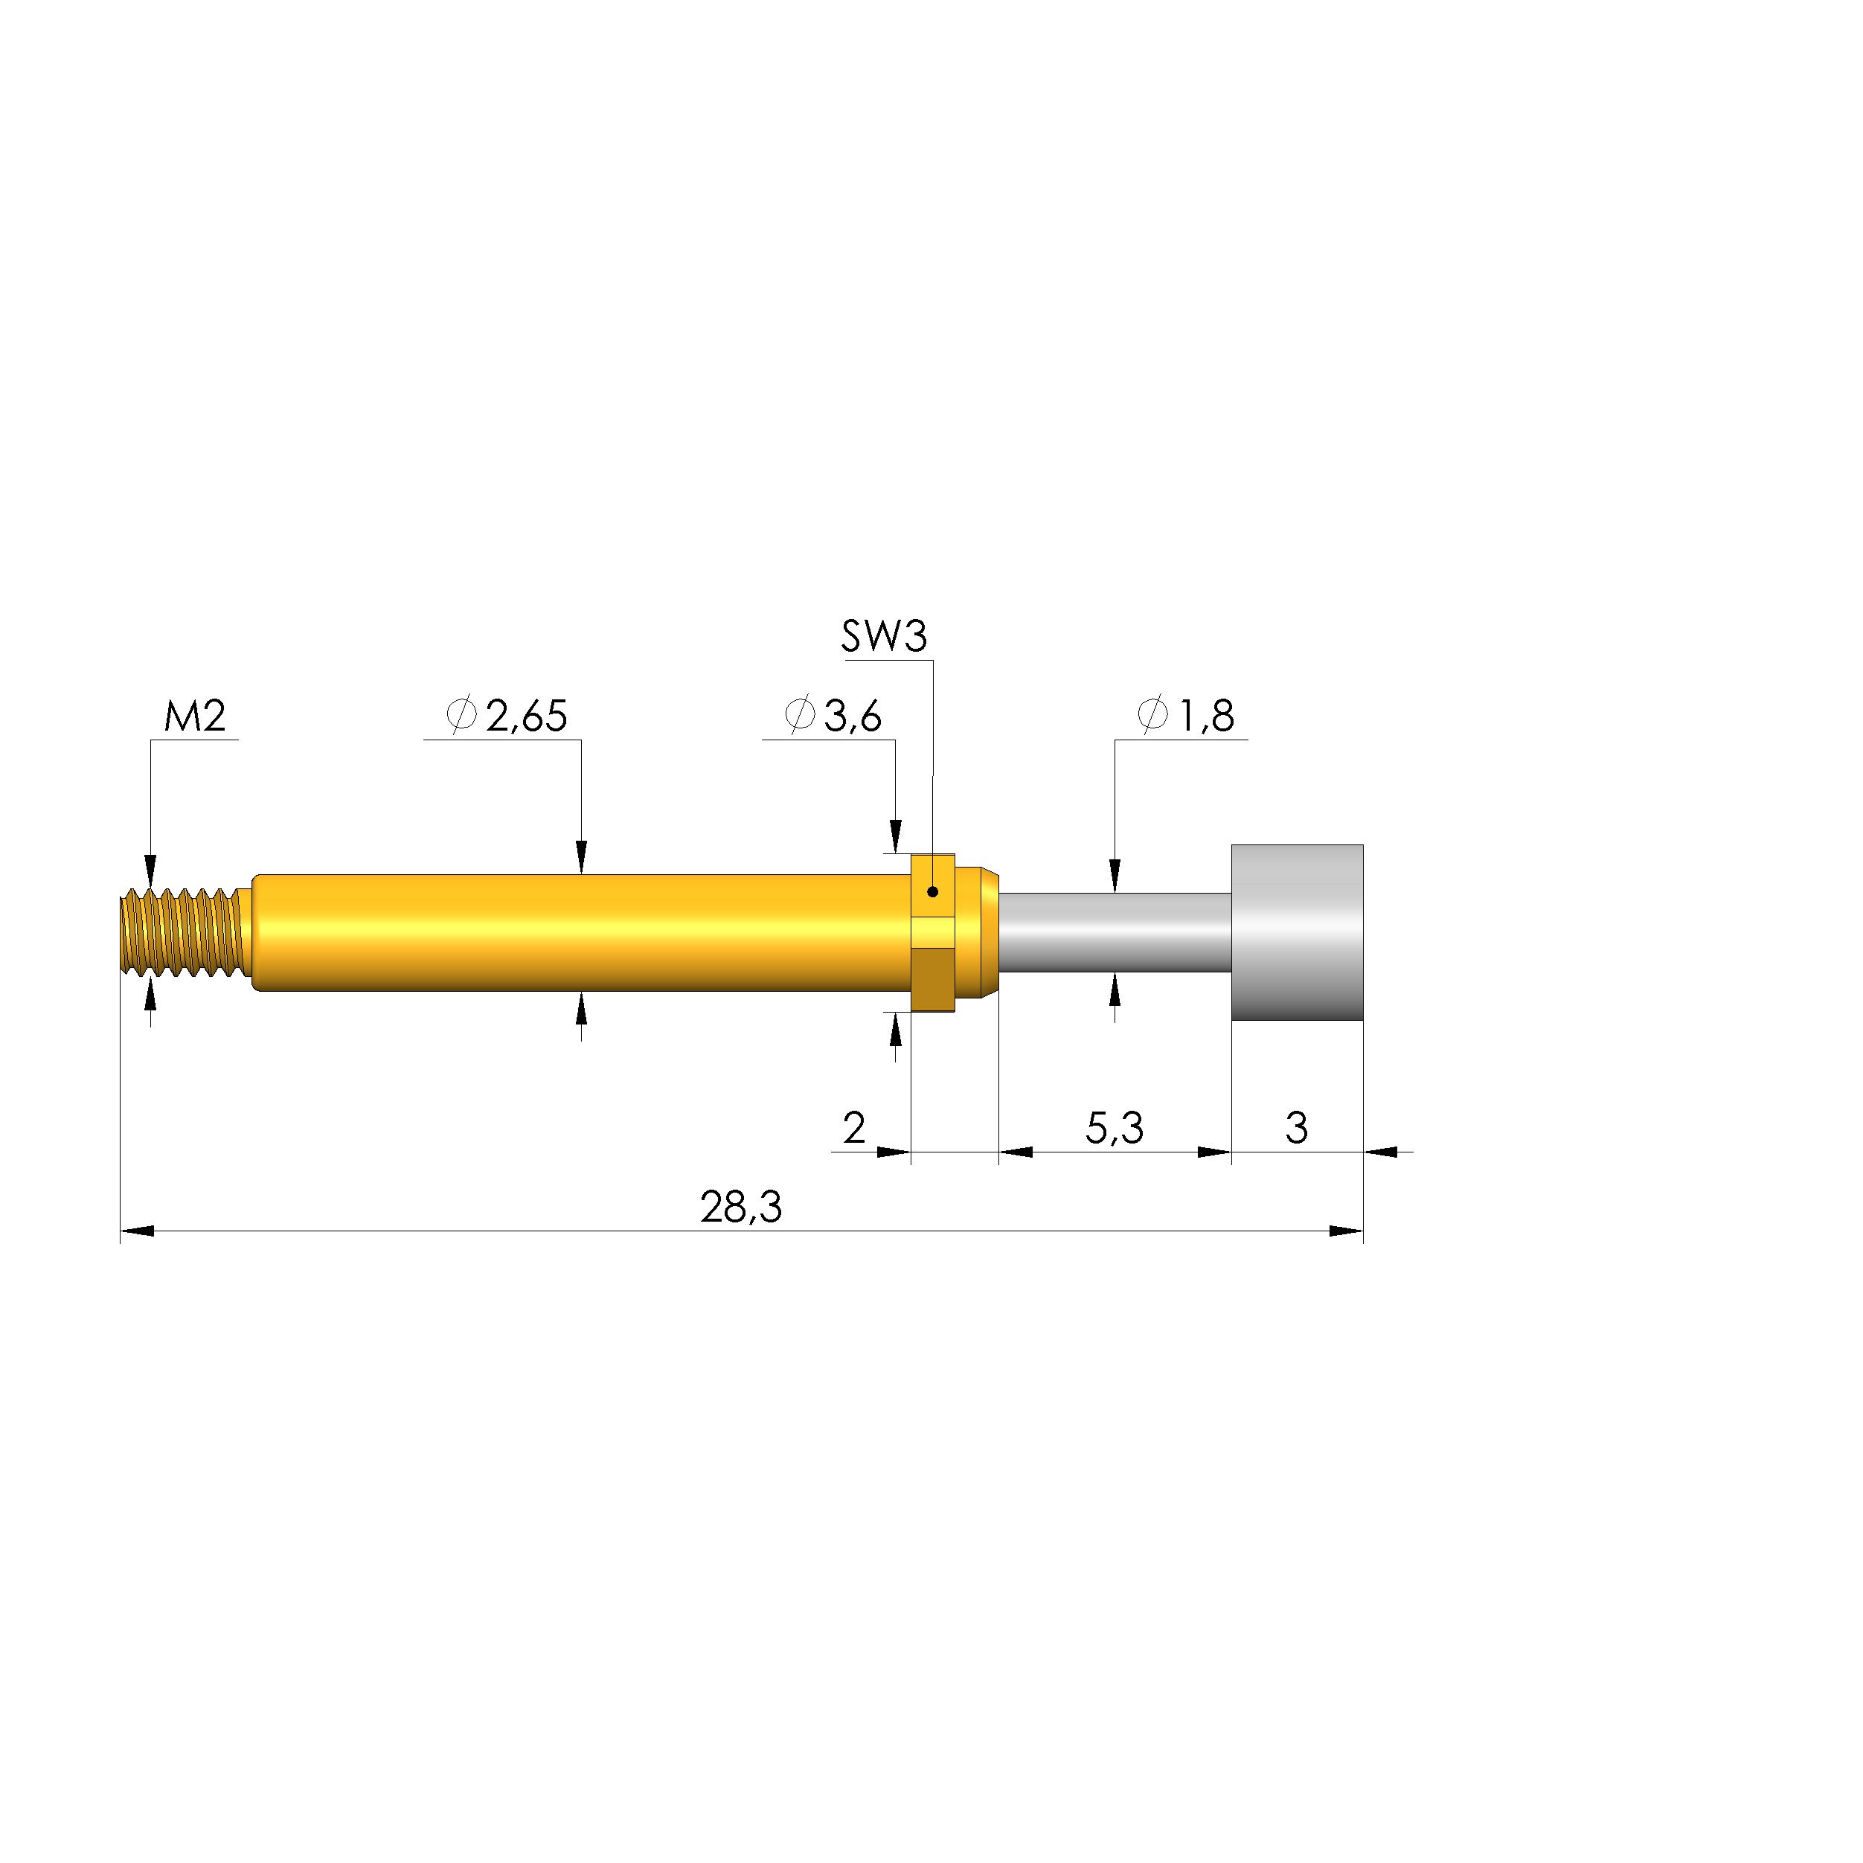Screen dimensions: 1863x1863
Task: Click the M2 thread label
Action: pos(195,716)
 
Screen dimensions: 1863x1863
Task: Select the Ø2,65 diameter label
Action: pos(506,716)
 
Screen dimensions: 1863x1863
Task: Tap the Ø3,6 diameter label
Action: pos(833,716)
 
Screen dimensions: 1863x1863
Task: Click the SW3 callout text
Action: pos(884,636)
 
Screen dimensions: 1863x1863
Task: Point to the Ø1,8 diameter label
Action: pos(1186,716)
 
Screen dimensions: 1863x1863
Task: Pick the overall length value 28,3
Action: pos(740,1208)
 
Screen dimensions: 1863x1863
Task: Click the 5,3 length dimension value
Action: pos(1114,1127)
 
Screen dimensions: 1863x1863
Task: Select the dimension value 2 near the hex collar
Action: pos(853,1127)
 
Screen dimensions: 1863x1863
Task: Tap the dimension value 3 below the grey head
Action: pos(1296,1127)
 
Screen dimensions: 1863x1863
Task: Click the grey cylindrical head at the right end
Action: pos(1297,932)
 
